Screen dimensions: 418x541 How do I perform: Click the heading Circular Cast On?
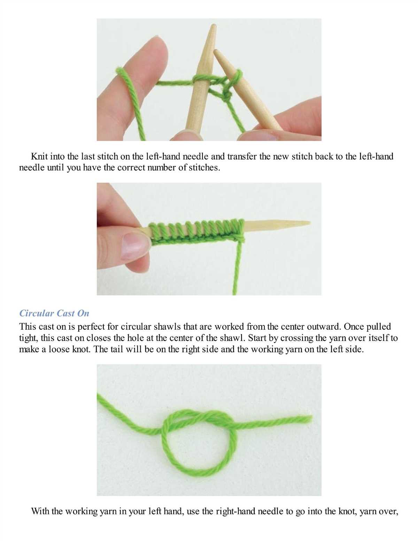click(54, 313)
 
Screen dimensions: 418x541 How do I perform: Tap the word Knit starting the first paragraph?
click(39, 157)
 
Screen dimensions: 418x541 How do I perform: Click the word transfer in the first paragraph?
click(242, 157)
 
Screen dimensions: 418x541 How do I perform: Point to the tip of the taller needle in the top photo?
click(213, 25)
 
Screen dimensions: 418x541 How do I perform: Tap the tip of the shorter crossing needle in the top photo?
click(215, 51)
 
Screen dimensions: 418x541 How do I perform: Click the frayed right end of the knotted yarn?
click(311, 419)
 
